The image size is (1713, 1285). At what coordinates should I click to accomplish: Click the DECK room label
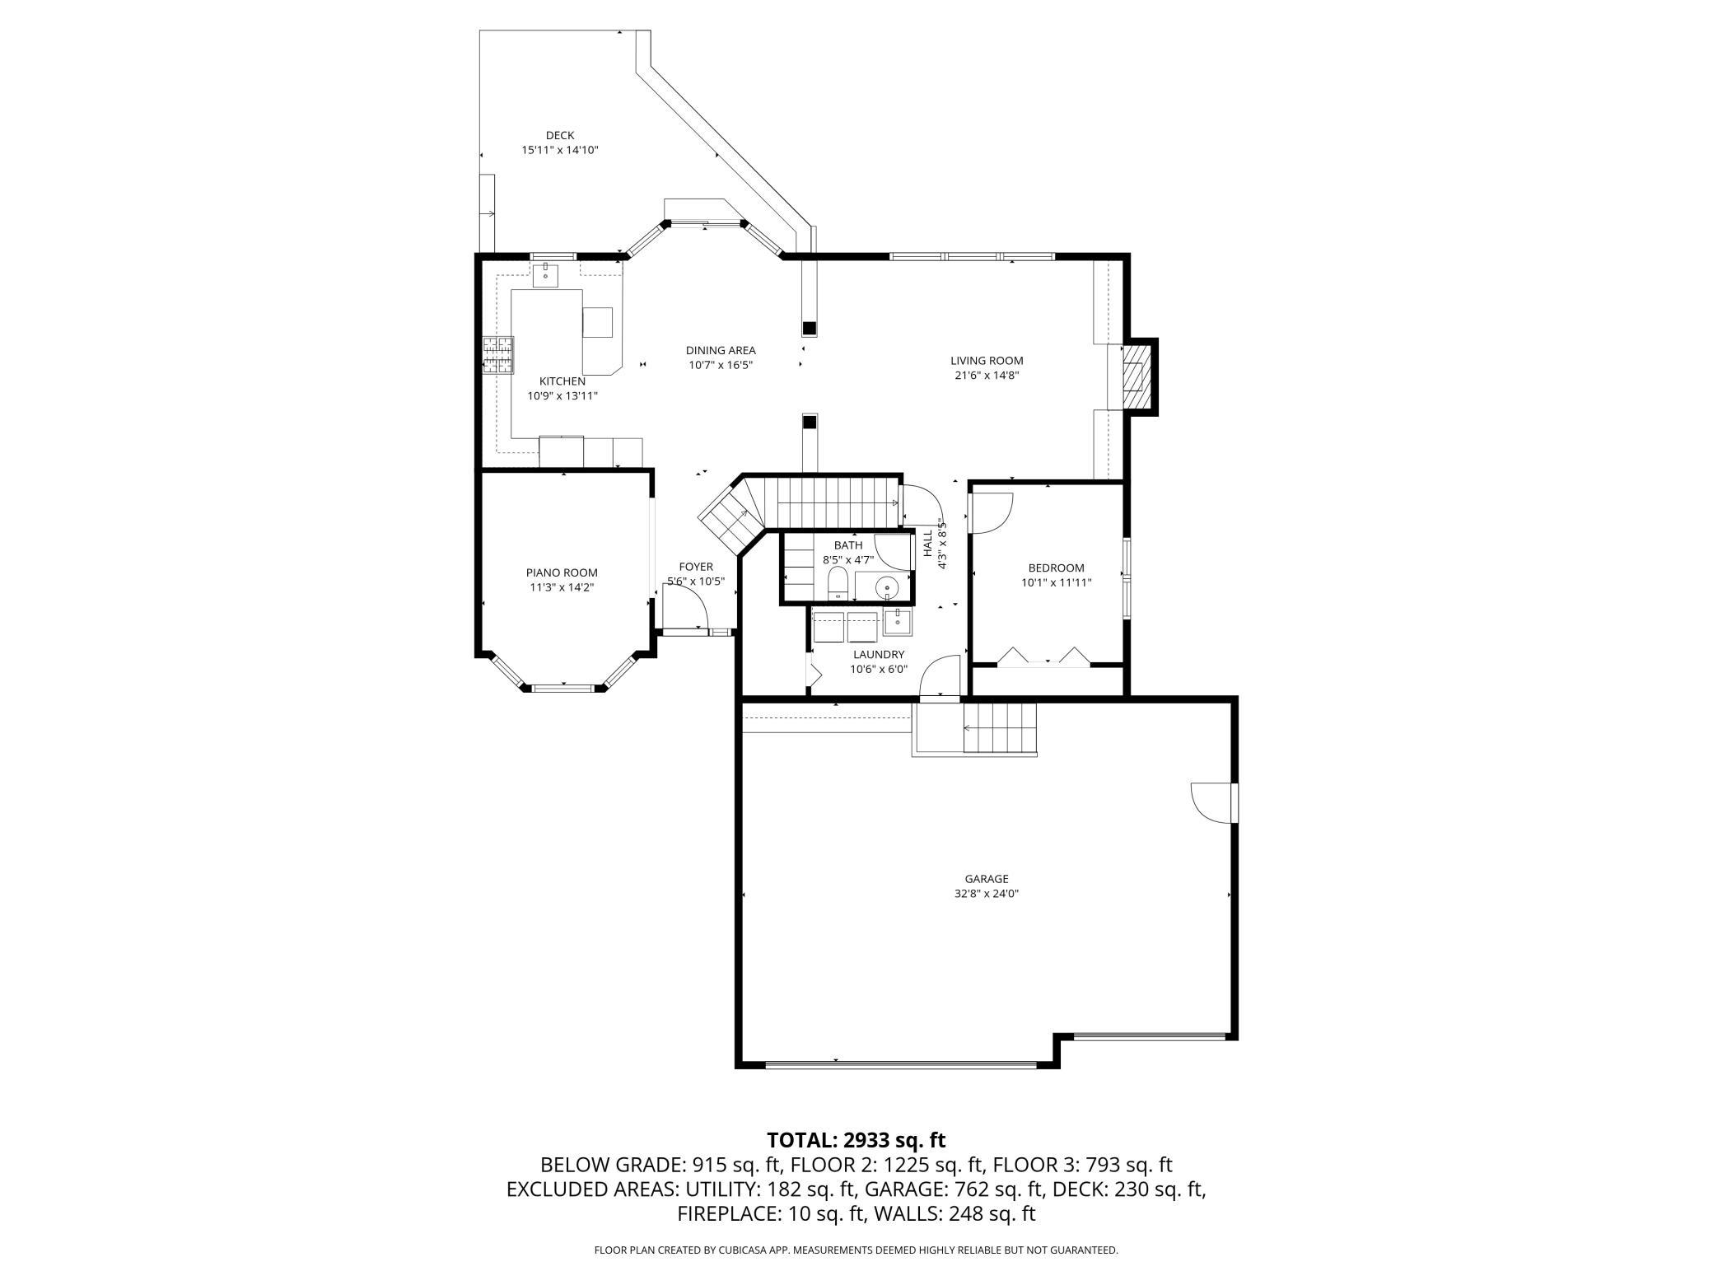coord(560,135)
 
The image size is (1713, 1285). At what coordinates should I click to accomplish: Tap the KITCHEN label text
coord(562,381)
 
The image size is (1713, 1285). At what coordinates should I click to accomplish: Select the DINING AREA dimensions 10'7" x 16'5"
coord(721,365)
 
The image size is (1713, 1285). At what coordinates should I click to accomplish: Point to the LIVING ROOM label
coord(987,360)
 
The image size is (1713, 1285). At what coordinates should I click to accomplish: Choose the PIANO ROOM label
coord(562,572)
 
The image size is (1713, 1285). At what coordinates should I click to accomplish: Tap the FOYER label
coord(696,567)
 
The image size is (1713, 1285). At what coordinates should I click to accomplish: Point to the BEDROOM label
coord(1056,568)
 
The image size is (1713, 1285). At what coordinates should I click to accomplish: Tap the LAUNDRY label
coord(879,655)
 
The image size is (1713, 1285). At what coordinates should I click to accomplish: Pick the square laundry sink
coord(897,622)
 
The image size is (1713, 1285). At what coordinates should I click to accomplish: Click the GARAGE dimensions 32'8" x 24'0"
coord(987,894)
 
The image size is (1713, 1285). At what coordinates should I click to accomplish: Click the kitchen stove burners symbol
coord(497,356)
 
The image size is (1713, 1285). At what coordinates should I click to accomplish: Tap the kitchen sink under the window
coord(545,274)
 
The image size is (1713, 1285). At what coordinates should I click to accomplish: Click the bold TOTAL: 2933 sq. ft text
coord(856,1140)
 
